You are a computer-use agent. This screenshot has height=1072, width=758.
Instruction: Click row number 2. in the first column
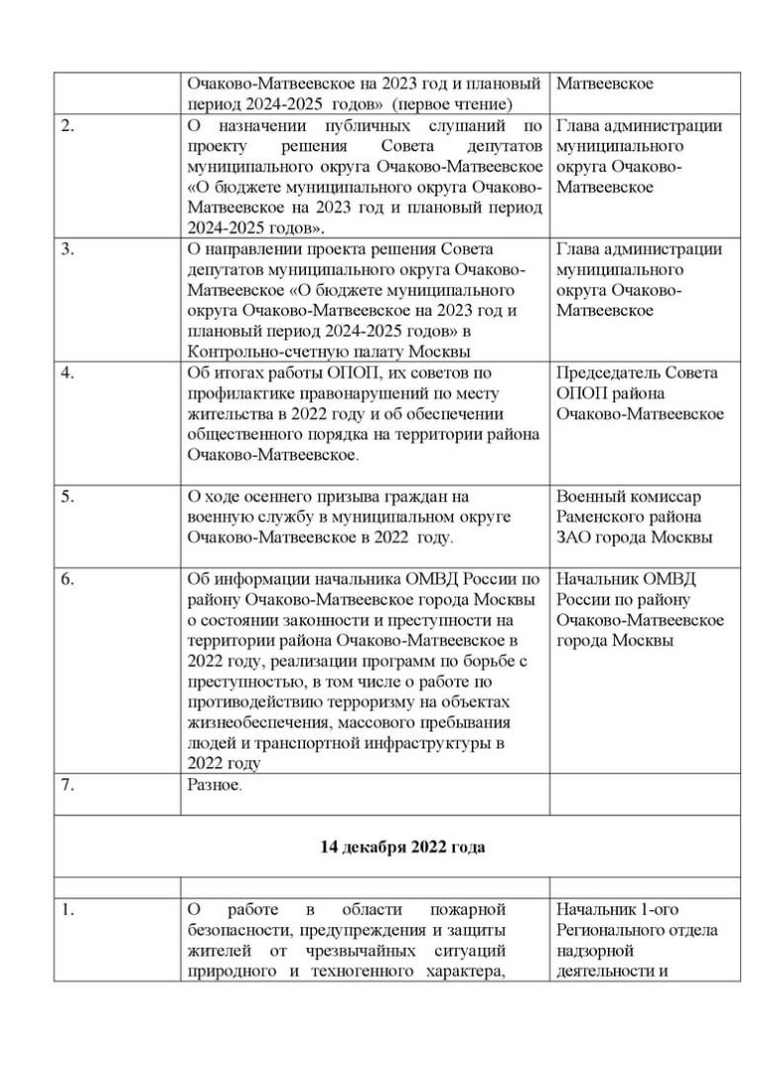pyautogui.click(x=67, y=126)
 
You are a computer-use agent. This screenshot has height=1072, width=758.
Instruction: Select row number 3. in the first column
pyautogui.click(x=67, y=249)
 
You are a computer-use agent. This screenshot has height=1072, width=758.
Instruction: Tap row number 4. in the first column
pyautogui.click(x=67, y=373)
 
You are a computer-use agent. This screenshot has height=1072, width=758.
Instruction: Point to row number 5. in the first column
pyautogui.click(x=67, y=496)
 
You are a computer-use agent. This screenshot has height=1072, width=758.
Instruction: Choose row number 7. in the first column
pyautogui.click(x=67, y=785)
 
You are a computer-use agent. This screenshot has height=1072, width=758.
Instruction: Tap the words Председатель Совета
pyautogui.click(x=637, y=373)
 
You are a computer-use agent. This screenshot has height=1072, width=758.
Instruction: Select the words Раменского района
pyautogui.click(x=629, y=517)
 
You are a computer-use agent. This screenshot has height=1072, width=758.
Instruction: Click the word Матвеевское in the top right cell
pyautogui.click(x=604, y=83)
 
